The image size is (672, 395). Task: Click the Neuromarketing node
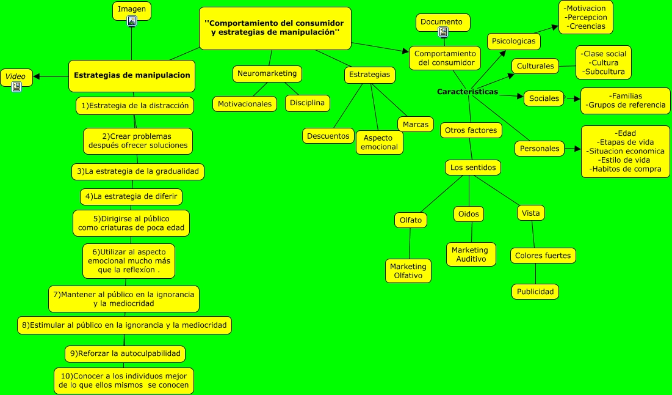coord(267,73)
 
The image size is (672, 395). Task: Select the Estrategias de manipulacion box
coord(132,75)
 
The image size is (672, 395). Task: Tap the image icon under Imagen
coord(132,21)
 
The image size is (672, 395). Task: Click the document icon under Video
coord(16,87)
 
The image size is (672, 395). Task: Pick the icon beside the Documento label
coord(443,32)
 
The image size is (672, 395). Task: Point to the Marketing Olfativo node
coord(408,271)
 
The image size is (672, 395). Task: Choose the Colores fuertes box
coord(543,256)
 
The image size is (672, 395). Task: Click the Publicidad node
coord(535,292)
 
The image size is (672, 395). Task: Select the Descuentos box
coord(328,136)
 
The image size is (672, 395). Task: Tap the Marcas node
coord(416,124)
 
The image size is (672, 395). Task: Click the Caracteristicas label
coord(468,92)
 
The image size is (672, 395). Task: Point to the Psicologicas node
coord(513,41)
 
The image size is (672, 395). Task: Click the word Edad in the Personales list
coord(626,133)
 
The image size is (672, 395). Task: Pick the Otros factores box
coord(471,130)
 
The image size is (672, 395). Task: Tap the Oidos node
coord(469,214)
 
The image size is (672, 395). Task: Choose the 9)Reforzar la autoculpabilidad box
coord(125,353)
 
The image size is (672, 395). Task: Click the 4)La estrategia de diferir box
coord(131,196)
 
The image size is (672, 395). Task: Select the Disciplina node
coord(308,103)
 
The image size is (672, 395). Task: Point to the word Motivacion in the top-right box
coord(585,9)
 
